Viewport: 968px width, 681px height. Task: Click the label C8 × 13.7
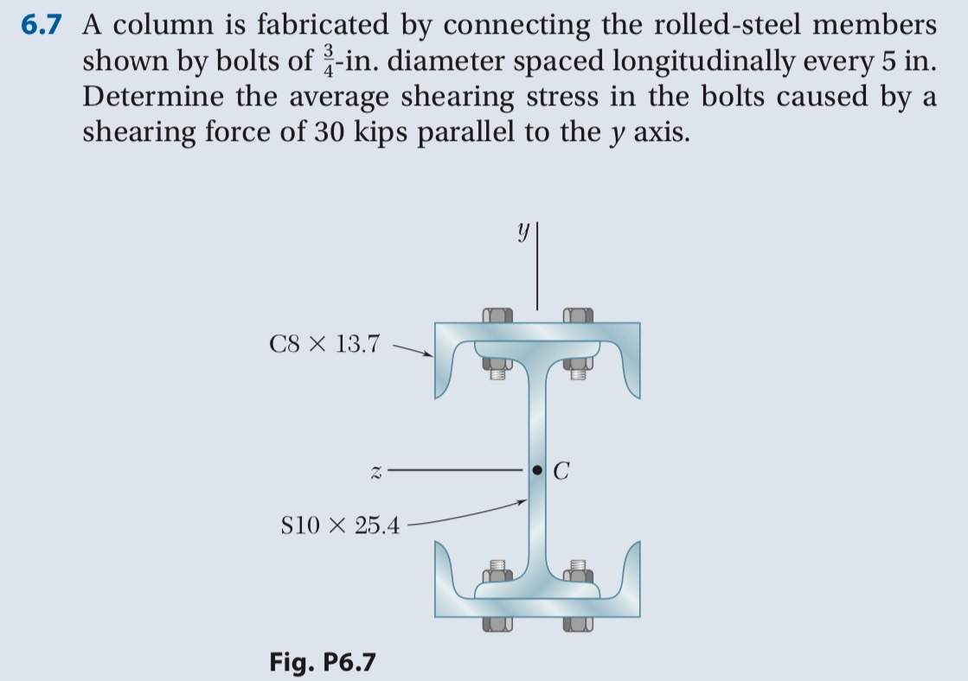[x=324, y=344]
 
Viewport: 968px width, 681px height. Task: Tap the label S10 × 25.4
[x=340, y=525]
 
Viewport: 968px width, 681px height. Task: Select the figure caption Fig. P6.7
[x=322, y=662]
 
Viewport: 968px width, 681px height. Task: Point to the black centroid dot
[x=537, y=470]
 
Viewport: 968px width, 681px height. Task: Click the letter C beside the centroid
[x=561, y=472]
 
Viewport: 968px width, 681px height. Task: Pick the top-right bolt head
[x=579, y=315]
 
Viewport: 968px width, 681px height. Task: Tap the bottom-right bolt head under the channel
[x=579, y=623]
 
